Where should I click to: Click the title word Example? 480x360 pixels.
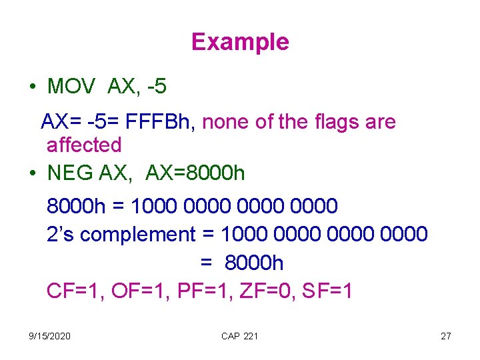click(240, 42)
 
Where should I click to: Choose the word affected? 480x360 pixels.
click(84, 145)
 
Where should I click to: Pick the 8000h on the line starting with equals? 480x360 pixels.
click(254, 263)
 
